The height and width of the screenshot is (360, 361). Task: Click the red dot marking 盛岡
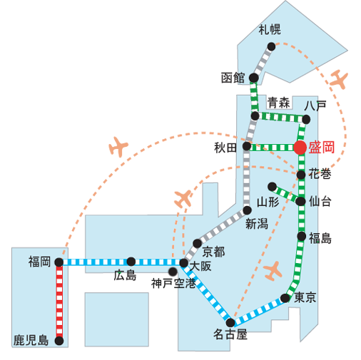300,148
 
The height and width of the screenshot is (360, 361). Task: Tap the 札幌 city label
270,29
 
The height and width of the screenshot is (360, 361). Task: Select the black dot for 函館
254,78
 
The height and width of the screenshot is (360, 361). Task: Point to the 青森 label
278,103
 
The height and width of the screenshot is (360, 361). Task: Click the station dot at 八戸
306,119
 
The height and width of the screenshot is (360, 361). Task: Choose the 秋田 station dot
247,146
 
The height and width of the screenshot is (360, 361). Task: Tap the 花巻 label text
320,174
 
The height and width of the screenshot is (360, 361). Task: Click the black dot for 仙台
300,202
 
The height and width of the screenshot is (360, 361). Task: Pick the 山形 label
268,202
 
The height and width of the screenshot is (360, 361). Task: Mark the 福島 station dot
301,236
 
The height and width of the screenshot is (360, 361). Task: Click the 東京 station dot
285,298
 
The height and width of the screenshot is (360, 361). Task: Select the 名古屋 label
230,334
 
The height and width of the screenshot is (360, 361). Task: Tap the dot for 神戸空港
173,272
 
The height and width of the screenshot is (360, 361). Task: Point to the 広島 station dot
131,262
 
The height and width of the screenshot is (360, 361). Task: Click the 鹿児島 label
31,341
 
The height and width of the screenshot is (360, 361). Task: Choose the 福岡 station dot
59,262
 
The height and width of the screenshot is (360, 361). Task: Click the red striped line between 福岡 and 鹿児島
59,302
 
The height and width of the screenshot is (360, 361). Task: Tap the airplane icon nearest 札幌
339,79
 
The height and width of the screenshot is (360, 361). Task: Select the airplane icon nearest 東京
273,271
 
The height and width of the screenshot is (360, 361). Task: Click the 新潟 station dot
248,210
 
